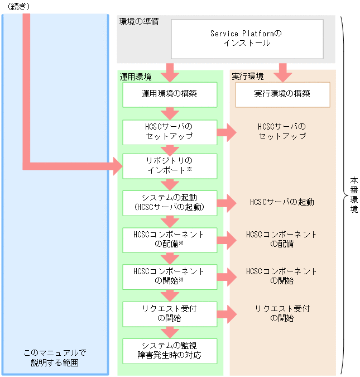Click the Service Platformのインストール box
coord(247,39)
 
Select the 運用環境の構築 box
coord(169,94)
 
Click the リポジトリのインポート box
coord(169,165)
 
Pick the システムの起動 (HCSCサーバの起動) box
coord(169,202)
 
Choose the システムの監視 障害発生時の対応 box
coord(169,351)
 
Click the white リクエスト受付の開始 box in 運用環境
coord(169,313)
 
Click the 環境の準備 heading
coord(138,22)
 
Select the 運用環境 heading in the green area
coord(135,77)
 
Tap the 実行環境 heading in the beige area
coord(248,77)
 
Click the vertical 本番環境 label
coord(354,195)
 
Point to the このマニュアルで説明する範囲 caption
coord(55,358)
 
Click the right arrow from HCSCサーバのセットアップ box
coord(226,132)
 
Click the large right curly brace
coord(342,195)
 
